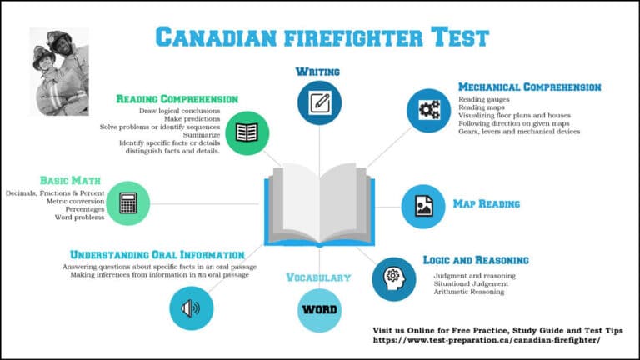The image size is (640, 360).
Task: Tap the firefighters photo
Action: pyautogui.click(x=59, y=71)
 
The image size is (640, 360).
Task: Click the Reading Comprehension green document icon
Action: pyautogui.click(x=247, y=132)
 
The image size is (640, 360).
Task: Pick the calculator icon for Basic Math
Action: pyautogui.click(x=128, y=202)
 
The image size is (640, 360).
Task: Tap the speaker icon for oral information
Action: pyautogui.click(x=191, y=307)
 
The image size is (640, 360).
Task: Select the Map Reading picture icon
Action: pyautogui.click(x=423, y=205)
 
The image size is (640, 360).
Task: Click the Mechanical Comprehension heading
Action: pyautogui.click(x=529, y=87)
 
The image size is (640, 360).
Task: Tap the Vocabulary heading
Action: pyautogui.click(x=318, y=277)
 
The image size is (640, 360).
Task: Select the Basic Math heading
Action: pyautogui.click(x=70, y=180)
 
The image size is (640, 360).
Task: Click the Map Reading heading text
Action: pyautogui.click(x=487, y=203)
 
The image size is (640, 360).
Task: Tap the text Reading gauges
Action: pyautogui.click(x=483, y=99)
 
